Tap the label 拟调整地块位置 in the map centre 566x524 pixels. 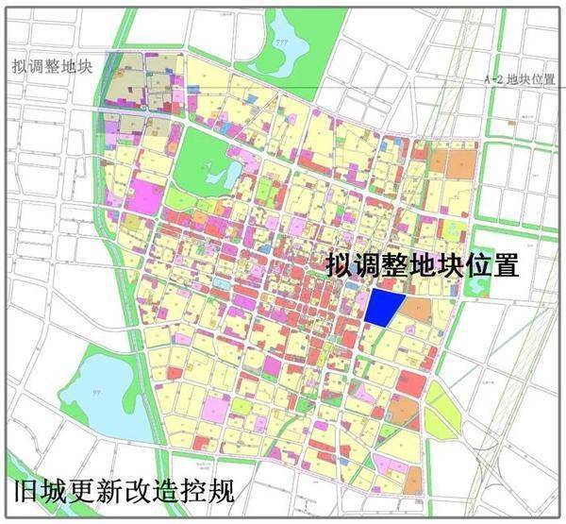click(423, 265)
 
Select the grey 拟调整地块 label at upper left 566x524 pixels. click(52, 66)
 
